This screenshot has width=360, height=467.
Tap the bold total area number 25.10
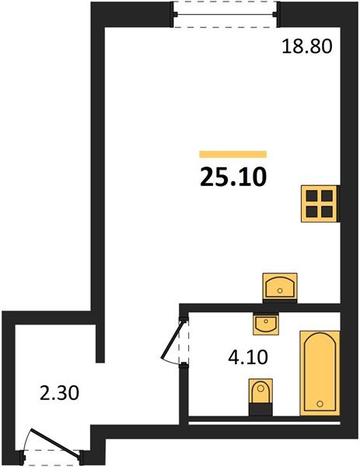pyautogui.click(x=233, y=177)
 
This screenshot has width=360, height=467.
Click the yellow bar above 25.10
pyautogui.click(x=233, y=154)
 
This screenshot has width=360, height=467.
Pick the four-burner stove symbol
pyautogui.click(x=320, y=205)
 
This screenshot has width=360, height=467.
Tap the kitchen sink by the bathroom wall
pyautogui.click(x=281, y=286)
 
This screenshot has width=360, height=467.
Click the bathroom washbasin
pyautogui.click(x=266, y=322)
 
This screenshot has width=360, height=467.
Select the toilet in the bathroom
pyautogui.click(x=260, y=392)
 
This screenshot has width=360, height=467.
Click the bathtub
pyautogui.click(x=320, y=373)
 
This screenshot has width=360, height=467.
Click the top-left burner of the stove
pyautogui.click(x=312, y=197)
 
